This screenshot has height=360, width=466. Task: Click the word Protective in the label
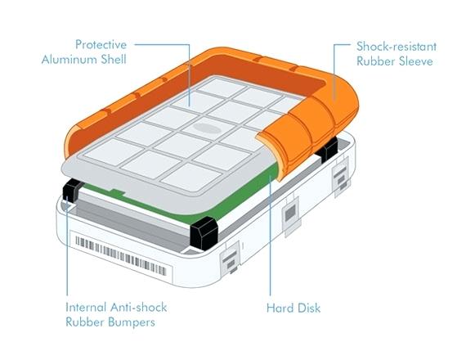(x=101, y=45)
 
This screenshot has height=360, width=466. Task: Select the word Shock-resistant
(x=397, y=47)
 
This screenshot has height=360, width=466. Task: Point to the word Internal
(x=86, y=307)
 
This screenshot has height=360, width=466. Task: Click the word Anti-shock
(x=138, y=307)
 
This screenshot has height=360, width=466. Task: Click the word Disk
(x=309, y=308)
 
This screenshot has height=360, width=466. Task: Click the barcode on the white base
(x=121, y=255)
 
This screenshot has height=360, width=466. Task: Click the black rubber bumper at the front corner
(x=204, y=233)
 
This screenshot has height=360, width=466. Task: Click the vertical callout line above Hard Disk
(x=270, y=236)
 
